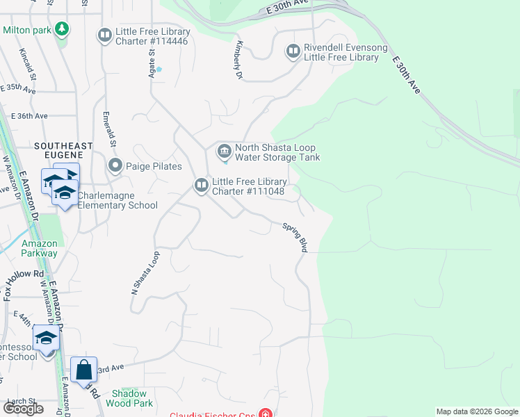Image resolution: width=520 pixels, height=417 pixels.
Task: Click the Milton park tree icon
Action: tap(63, 29)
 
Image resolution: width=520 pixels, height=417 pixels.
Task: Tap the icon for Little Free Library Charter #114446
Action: tap(105, 35)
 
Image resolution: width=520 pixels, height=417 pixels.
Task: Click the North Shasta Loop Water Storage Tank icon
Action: tap(224, 151)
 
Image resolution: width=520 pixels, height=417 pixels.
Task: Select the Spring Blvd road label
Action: tap(295, 237)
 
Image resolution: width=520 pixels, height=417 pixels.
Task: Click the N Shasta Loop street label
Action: tap(145, 271)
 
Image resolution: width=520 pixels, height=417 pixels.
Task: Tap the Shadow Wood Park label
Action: tap(132, 398)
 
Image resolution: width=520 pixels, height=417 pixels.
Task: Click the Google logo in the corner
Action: tap(23, 409)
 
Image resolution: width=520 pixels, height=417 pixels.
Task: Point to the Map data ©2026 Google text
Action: tap(477, 411)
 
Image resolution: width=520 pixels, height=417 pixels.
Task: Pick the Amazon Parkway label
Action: tap(39, 248)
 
